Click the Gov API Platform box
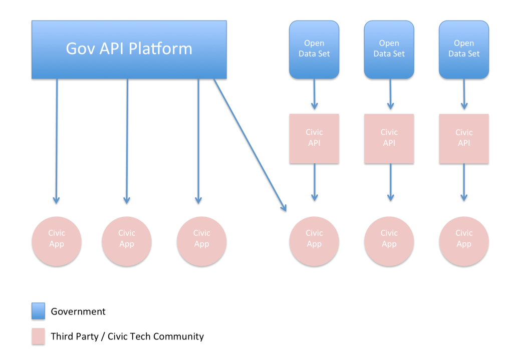point(129,50)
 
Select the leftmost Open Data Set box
point(314,50)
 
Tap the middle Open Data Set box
point(389,50)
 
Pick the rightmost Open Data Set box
point(464,50)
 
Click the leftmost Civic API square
point(314,139)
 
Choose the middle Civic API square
point(389,139)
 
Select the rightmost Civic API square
point(464,139)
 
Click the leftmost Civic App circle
point(57,241)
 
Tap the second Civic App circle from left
point(127,241)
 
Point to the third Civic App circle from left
point(201,241)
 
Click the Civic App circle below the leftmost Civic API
point(314,241)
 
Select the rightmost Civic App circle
point(464,241)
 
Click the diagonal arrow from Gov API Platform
point(250,145)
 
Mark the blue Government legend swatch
point(38,311)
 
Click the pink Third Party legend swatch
point(38,336)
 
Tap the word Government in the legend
point(78,311)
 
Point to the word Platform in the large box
point(160,49)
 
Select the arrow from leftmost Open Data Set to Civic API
point(315,94)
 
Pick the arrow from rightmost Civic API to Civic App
point(464,182)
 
